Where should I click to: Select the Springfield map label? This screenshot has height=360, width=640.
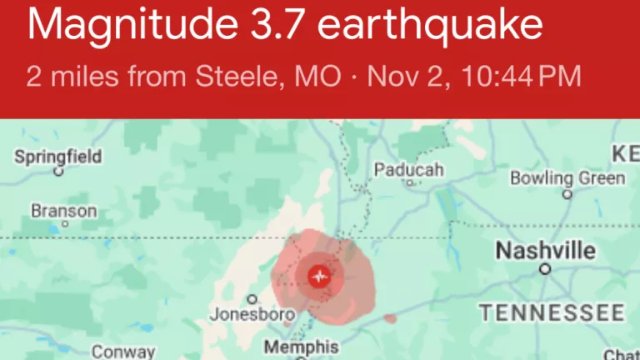click(x=58, y=156)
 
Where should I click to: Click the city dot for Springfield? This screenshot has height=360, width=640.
click(x=58, y=172)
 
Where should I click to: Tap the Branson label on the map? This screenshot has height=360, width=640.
click(x=64, y=211)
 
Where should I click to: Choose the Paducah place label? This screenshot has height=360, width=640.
click(x=408, y=170)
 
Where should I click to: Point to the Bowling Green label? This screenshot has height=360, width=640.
click(x=567, y=178)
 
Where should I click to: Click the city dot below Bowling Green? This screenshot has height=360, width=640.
click(x=567, y=194)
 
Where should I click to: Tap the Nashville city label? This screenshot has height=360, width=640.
click(x=546, y=250)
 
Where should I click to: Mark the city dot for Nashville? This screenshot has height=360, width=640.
click(x=545, y=269)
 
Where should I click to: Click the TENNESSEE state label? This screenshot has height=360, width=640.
click(x=551, y=312)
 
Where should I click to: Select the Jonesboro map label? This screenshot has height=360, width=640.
click(x=241, y=315)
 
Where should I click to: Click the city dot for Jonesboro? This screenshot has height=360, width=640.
click(x=252, y=299)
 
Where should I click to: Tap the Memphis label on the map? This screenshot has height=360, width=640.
click(x=301, y=346)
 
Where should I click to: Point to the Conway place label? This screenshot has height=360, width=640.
click(x=123, y=352)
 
